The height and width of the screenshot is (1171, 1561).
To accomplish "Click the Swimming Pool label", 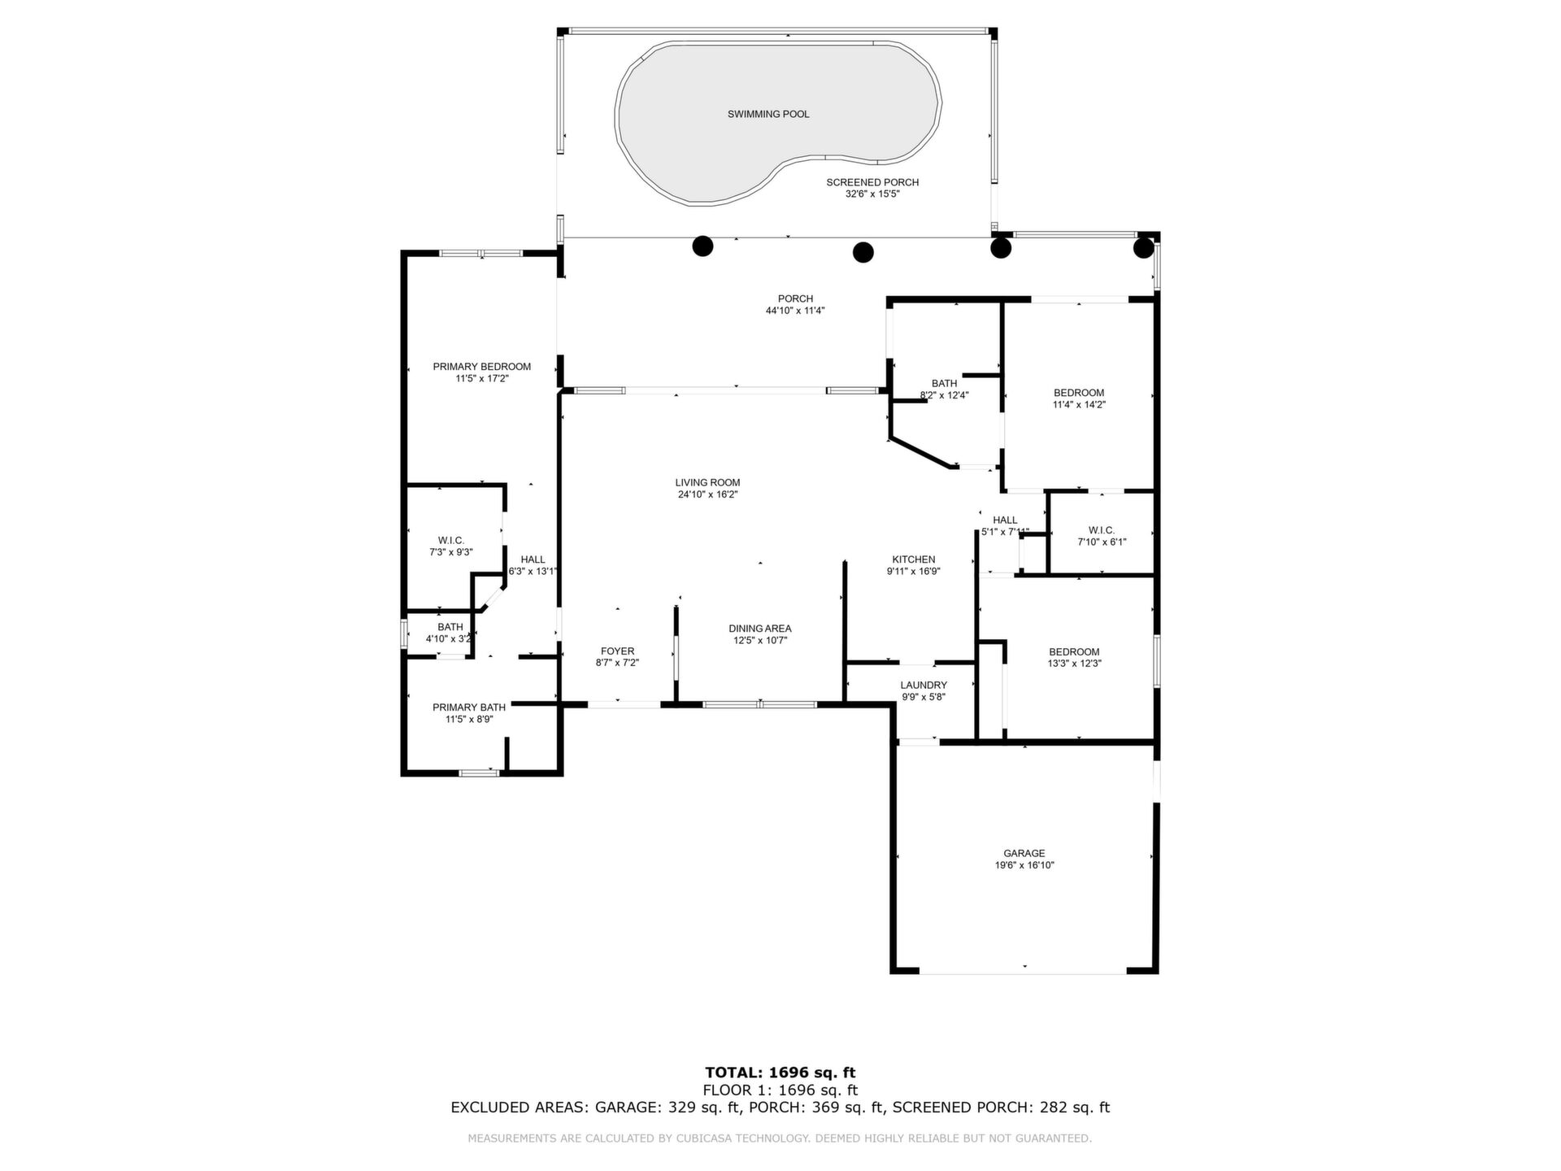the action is pyautogui.click(x=768, y=115).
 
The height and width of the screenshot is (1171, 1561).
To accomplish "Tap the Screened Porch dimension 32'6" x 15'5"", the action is pyautogui.click(x=872, y=194).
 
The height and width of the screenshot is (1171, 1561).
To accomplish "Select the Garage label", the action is pyautogui.click(x=1024, y=854).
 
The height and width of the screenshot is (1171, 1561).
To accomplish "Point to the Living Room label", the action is pyautogui.click(x=707, y=483).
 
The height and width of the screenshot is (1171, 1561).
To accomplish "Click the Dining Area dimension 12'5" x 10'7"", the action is pyautogui.click(x=760, y=641).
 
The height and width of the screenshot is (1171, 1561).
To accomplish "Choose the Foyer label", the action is pyautogui.click(x=617, y=651).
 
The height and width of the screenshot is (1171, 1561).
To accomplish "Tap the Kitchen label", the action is pyautogui.click(x=914, y=559).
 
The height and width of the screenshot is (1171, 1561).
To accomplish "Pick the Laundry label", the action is pyautogui.click(x=924, y=686).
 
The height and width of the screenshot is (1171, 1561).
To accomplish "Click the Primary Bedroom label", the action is pyautogui.click(x=482, y=367).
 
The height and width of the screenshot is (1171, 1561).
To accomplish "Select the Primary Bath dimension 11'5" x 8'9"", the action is pyautogui.click(x=469, y=719).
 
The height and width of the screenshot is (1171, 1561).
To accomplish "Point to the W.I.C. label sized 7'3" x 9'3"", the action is pyautogui.click(x=450, y=541).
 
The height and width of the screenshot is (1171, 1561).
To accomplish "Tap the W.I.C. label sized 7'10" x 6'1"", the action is pyautogui.click(x=1102, y=530).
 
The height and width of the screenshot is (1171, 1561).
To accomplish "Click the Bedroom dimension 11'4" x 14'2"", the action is pyautogui.click(x=1079, y=404).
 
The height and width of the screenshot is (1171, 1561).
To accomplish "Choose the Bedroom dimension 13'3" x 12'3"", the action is pyautogui.click(x=1074, y=664).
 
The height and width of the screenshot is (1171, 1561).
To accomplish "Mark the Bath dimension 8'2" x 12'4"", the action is pyautogui.click(x=945, y=395).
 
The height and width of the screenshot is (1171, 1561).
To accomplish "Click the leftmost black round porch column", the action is pyautogui.click(x=702, y=246).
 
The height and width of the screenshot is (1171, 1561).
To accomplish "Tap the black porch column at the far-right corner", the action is pyautogui.click(x=1144, y=247).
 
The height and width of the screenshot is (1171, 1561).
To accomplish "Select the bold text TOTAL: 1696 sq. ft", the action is pyautogui.click(x=780, y=1073).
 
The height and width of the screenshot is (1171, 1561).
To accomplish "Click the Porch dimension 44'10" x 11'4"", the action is pyautogui.click(x=795, y=311).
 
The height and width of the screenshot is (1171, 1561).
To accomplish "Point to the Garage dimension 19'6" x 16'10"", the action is pyautogui.click(x=1024, y=865).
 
